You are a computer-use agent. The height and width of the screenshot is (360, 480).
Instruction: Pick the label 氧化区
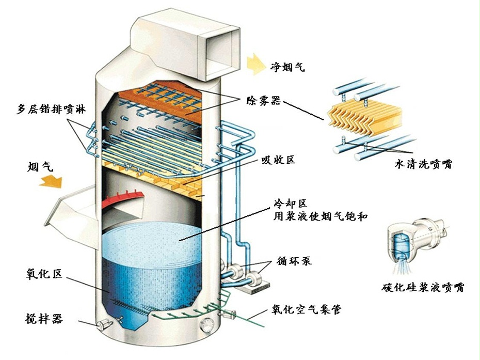pyautogui.click(x=43, y=274)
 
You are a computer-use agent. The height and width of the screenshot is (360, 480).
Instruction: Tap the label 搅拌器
pyautogui.click(x=43, y=319)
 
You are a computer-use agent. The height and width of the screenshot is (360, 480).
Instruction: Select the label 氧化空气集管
pyautogui.click(x=306, y=310)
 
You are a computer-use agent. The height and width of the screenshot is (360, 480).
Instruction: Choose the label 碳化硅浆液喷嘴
pyautogui.click(x=423, y=288)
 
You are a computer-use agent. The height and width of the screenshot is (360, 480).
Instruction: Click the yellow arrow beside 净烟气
pyautogui.click(x=255, y=62)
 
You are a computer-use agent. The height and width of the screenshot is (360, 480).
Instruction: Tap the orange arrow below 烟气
pyautogui.click(x=51, y=180)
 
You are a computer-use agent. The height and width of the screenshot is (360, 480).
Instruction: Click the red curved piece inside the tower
pyautogui.click(x=121, y=199)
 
